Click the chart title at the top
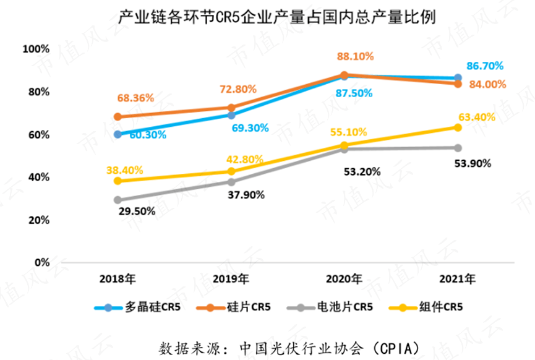pos(268,17)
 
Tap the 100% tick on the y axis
pos(35,49)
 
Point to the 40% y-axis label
pos(38,177)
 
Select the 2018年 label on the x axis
pos(118,279)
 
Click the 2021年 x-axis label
pos(458,279)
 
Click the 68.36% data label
pos(134,98)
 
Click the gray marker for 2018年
pos(118,200)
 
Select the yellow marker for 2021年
pos(458,127)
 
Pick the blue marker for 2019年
pos(231,115)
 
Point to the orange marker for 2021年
pos(458,84)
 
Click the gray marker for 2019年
pos(231,182)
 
